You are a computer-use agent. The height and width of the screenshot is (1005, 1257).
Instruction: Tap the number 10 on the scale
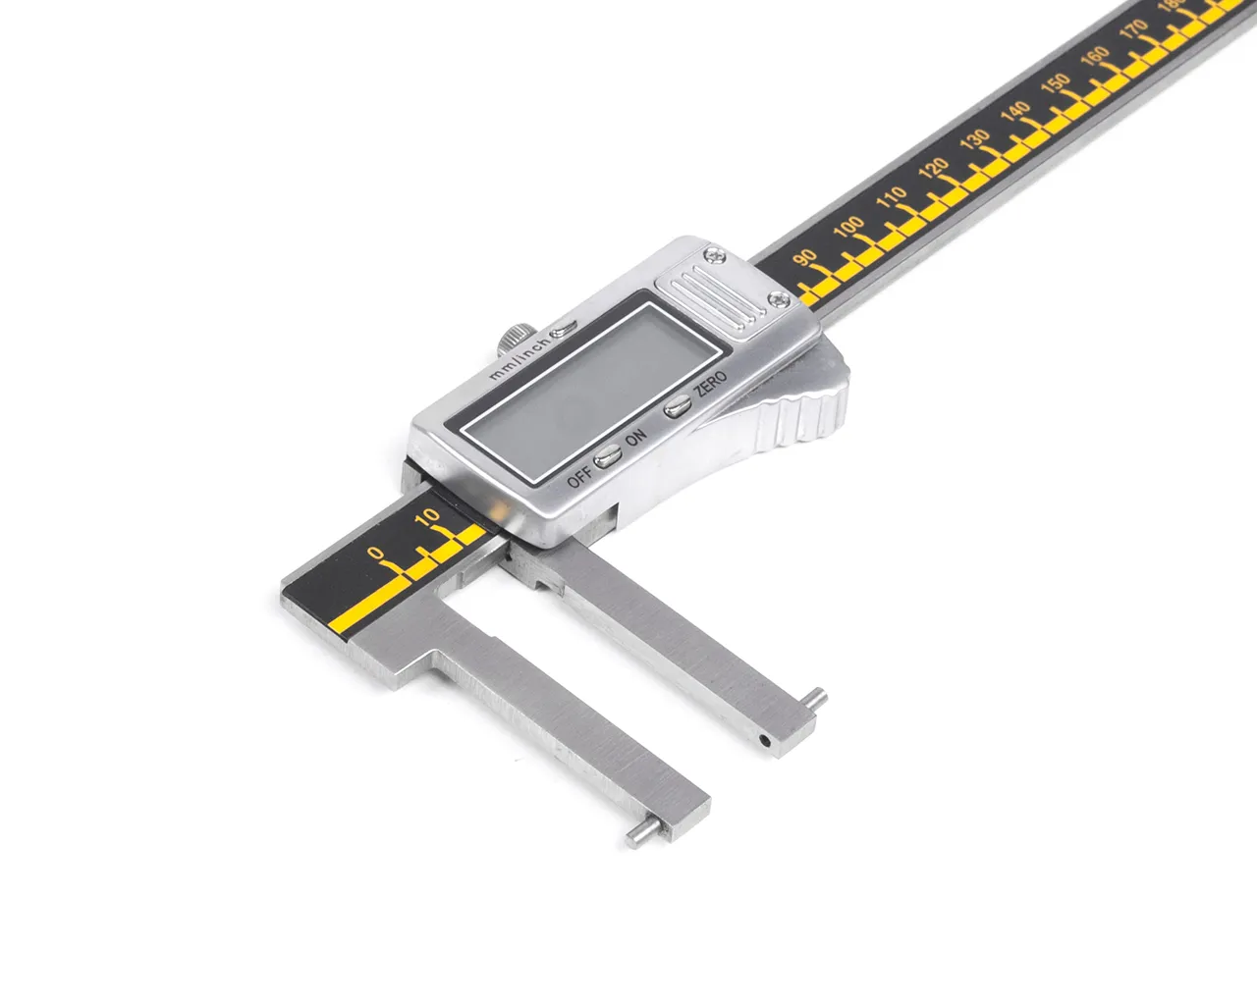(x=428, y=516)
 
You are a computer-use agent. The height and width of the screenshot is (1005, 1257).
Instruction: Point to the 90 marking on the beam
(x=805, y=257)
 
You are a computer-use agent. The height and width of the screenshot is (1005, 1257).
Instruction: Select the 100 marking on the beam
(x=848, y=226)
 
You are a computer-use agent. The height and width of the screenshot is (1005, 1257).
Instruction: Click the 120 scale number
(x=934, y=168)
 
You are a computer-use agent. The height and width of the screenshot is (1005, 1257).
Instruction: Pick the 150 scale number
(x=1056, y=84)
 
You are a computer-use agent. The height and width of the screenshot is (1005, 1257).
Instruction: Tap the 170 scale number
(x=1133, y=29)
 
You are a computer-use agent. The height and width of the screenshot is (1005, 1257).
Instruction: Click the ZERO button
(x=678, y=406)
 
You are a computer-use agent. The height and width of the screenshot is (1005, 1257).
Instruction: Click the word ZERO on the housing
(x=710, y=385)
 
